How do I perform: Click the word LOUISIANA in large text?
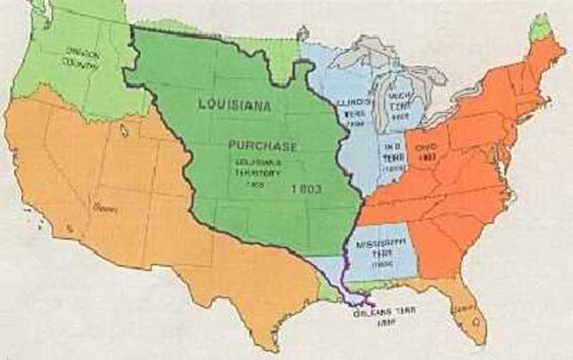[235, 103]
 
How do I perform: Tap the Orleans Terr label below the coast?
[373, 315]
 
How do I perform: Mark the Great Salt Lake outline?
[124, 130]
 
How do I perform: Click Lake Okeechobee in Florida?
[475, 326]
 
